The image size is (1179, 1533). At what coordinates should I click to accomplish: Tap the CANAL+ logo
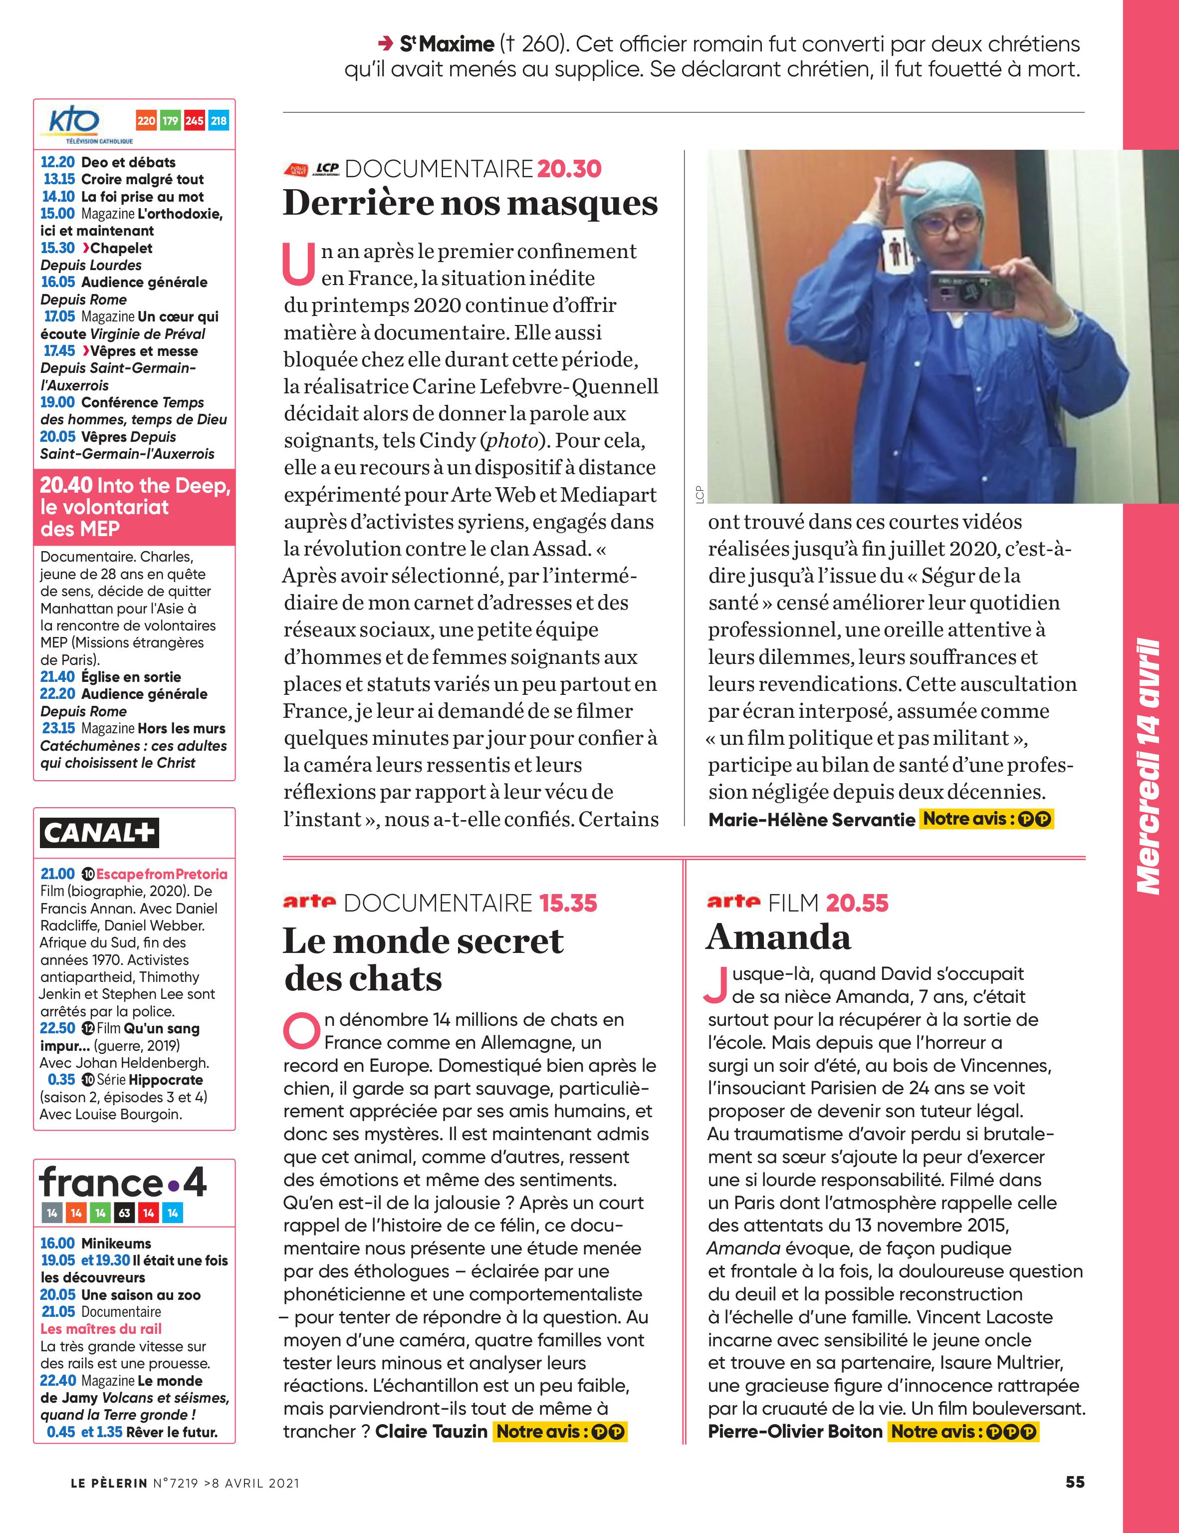click(99, 833)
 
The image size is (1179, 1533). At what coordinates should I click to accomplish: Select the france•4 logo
click(123, 1183)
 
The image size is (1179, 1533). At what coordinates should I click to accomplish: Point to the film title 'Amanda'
click(778, 938)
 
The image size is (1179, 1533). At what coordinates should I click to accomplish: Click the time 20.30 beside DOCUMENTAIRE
click(569, 169)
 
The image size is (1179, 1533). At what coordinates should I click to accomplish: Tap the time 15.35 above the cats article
click(568, 904)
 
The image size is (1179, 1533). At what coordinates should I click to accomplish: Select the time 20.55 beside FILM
click(857, 904)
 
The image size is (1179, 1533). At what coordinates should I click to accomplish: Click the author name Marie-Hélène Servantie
click(811, 819)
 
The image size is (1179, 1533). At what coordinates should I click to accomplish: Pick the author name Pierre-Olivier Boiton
click(794, 1432)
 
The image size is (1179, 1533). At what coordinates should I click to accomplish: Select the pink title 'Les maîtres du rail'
click(101, 1329)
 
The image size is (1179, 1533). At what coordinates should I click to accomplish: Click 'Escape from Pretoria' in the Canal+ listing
click(162, 874)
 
